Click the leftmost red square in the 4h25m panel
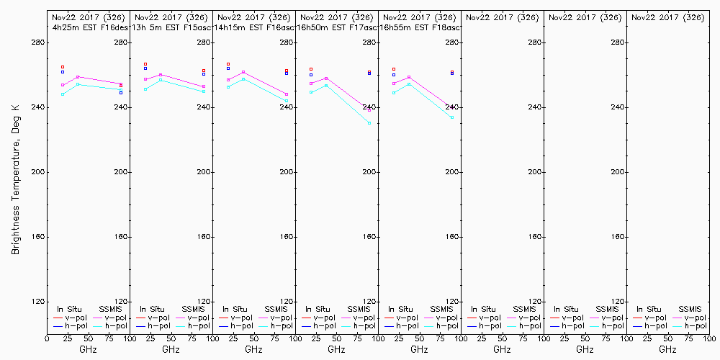tap(63, 67)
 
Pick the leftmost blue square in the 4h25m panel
tap(63, 72)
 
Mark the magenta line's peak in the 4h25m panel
tap(78, 77)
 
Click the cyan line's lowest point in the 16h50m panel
tap(369, 123)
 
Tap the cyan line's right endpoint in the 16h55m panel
tap(452, 117)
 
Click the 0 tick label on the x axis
tap(47, 338)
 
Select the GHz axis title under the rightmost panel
tap(667, 349)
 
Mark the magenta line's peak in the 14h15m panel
tap(243, 72)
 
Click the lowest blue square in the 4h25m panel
tap(121, 92)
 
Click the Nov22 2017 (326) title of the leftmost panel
tap(89, 17)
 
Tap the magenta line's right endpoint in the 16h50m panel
tap(369, 110)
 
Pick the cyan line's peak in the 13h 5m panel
tap(161, 80)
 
